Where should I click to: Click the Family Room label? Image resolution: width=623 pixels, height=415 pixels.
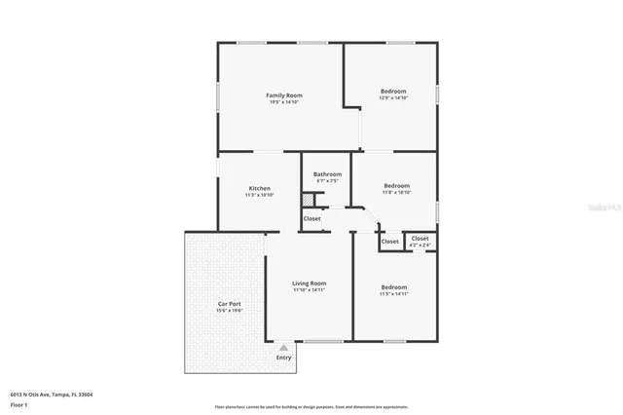[x=284, y=94]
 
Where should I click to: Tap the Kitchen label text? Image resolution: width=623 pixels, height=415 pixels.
[x=259, y=188]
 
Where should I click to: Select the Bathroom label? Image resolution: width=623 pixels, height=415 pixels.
[x=327, y=173]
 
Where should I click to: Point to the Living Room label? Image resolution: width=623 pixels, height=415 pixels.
[x=309, y=283]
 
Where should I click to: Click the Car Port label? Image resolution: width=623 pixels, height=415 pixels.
[x=229, y=304]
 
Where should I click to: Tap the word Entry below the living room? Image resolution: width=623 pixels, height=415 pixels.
[x=283, y=358]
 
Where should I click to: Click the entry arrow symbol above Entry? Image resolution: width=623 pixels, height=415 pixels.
[x=283, y=346]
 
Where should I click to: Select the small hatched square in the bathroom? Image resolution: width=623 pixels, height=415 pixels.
[x=308, y=200]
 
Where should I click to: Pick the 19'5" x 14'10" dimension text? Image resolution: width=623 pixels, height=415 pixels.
[x=284, y=102]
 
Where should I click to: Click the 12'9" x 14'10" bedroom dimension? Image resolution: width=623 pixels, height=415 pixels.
[x=393, y=98]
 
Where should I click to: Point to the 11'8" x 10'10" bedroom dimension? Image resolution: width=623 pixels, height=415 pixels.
[x=396, y=192]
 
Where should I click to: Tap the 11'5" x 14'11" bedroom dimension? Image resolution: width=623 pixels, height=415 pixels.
[x=393, y=293]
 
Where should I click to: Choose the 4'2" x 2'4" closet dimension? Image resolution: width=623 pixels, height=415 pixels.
[x=420, y=245]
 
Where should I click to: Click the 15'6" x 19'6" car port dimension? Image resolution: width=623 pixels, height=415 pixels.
[x=229, y=311]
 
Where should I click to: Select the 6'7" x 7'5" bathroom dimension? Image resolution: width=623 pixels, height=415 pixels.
[x=327, y=181]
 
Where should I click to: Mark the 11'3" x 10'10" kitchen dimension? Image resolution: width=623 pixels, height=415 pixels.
[x=259, y=195]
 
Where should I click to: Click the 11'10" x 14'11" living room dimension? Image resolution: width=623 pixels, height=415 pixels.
[x=309, y=290]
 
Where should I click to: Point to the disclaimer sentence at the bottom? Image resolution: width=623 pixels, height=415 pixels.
[x=311, y=406]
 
